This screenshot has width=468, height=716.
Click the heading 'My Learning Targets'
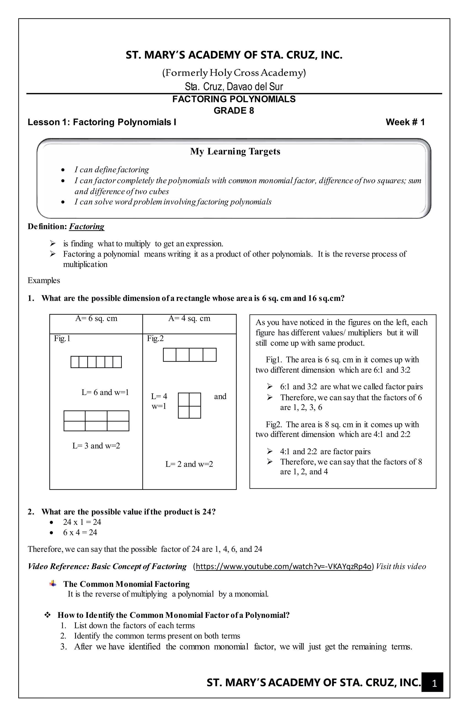(235, 151)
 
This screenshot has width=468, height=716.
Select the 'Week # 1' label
(405, 122)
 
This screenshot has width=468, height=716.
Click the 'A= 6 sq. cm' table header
(96, 319)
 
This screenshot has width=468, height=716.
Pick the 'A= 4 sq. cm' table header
(189, 319)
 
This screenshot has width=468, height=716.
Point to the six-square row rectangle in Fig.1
(96, 362)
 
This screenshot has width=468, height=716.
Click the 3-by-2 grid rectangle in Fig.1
(96, 421)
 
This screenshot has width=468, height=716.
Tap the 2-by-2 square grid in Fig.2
(189, 405)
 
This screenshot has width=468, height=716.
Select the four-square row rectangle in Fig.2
(189, 355)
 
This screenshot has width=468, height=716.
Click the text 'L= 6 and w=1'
(105, 392)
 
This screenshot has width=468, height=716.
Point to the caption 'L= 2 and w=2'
(189, 464)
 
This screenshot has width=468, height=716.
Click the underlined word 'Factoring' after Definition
(87, 227)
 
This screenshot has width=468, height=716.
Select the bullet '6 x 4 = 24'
(80, 532)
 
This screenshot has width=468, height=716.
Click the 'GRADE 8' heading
(234, 111)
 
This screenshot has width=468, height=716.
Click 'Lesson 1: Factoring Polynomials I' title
(102, 122)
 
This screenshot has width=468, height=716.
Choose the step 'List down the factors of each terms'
(134, 625)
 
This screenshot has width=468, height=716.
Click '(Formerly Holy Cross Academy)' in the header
(234, 73)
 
